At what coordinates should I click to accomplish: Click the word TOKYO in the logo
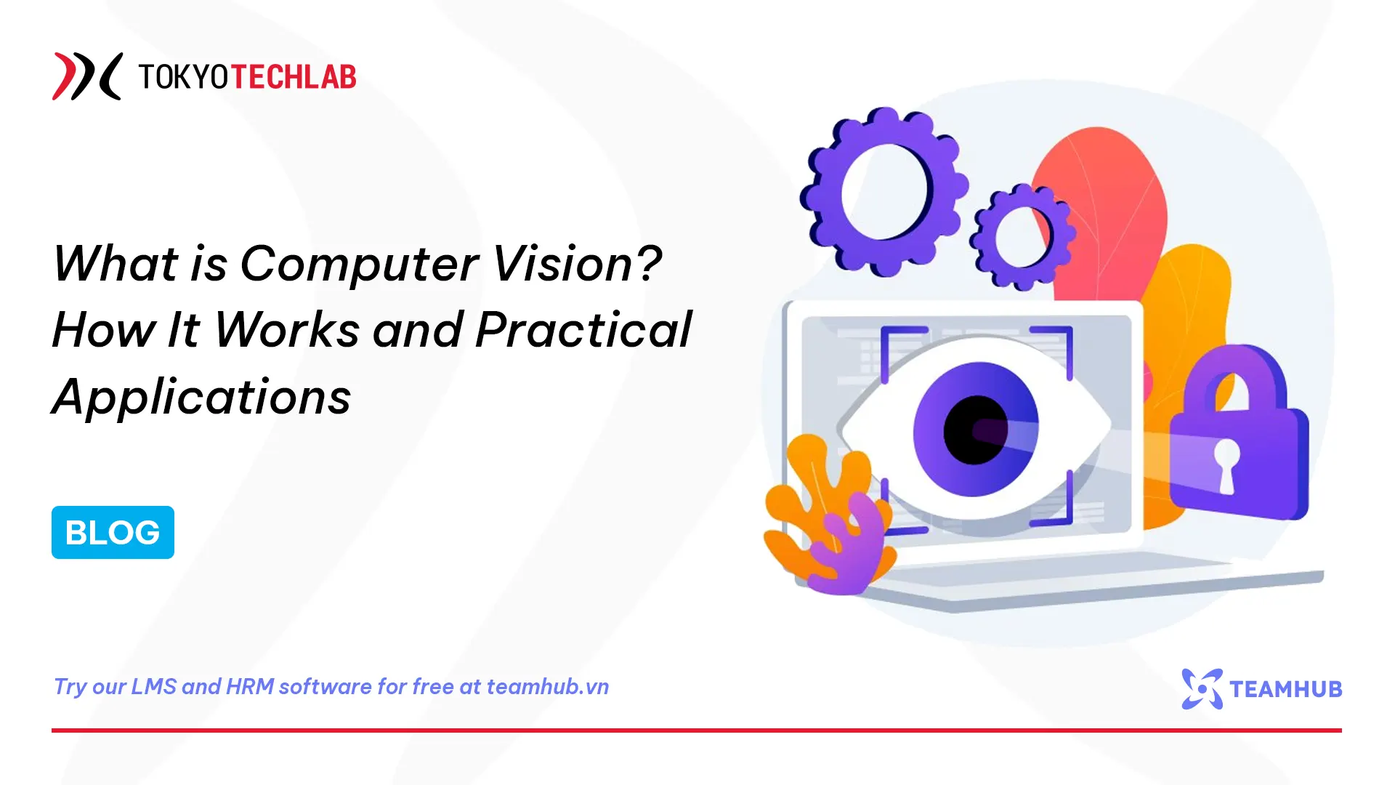coord(184,76)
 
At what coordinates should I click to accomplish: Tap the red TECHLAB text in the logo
coord(294,76)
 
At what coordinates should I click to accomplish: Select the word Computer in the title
coord(359,264)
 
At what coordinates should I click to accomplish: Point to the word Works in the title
coord(286,330)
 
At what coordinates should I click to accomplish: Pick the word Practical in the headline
coord(583,330)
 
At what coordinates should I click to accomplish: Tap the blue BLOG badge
coord(113,532)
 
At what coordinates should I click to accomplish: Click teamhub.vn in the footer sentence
coord(547,686)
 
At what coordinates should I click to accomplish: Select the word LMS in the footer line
coord(153,686)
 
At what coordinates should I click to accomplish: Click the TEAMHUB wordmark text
coord(1285,689)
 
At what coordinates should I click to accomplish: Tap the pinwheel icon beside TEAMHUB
coord(1202,688)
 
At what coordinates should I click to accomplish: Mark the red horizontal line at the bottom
coord(697,730)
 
